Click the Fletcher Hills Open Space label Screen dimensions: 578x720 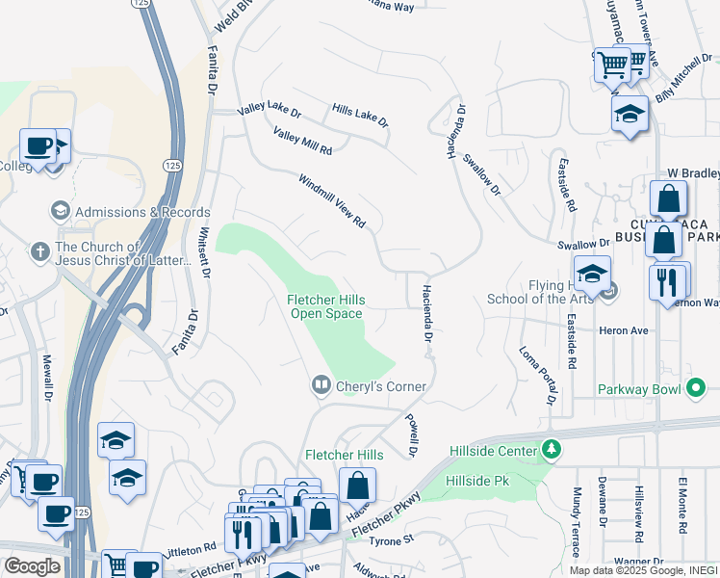point(325,306)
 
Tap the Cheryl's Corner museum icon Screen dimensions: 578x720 point(321,385)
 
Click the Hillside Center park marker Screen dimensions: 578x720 point(551,450)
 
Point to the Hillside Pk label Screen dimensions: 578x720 point(476,480)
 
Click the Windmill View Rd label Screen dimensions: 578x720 point(332,200)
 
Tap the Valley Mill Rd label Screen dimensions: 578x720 point(302,142)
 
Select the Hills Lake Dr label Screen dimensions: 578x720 point(360,117)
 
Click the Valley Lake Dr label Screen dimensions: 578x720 point(270,113)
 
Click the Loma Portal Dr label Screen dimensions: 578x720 point(538,374)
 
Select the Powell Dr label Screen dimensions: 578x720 point(411,435)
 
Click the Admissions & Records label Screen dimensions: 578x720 point(142,212)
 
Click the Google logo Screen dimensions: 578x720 point(32,566)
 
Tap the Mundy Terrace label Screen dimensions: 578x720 point(575,521)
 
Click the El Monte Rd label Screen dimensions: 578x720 point(681,503)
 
